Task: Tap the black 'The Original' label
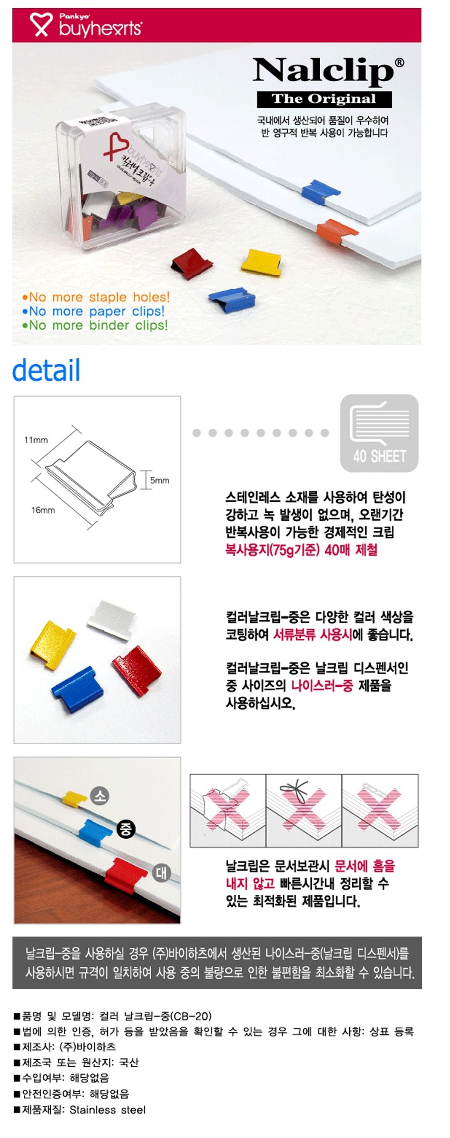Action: point(324,99)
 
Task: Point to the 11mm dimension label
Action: point(36,440)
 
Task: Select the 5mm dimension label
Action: point(159,480)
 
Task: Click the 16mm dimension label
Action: point(43,510)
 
